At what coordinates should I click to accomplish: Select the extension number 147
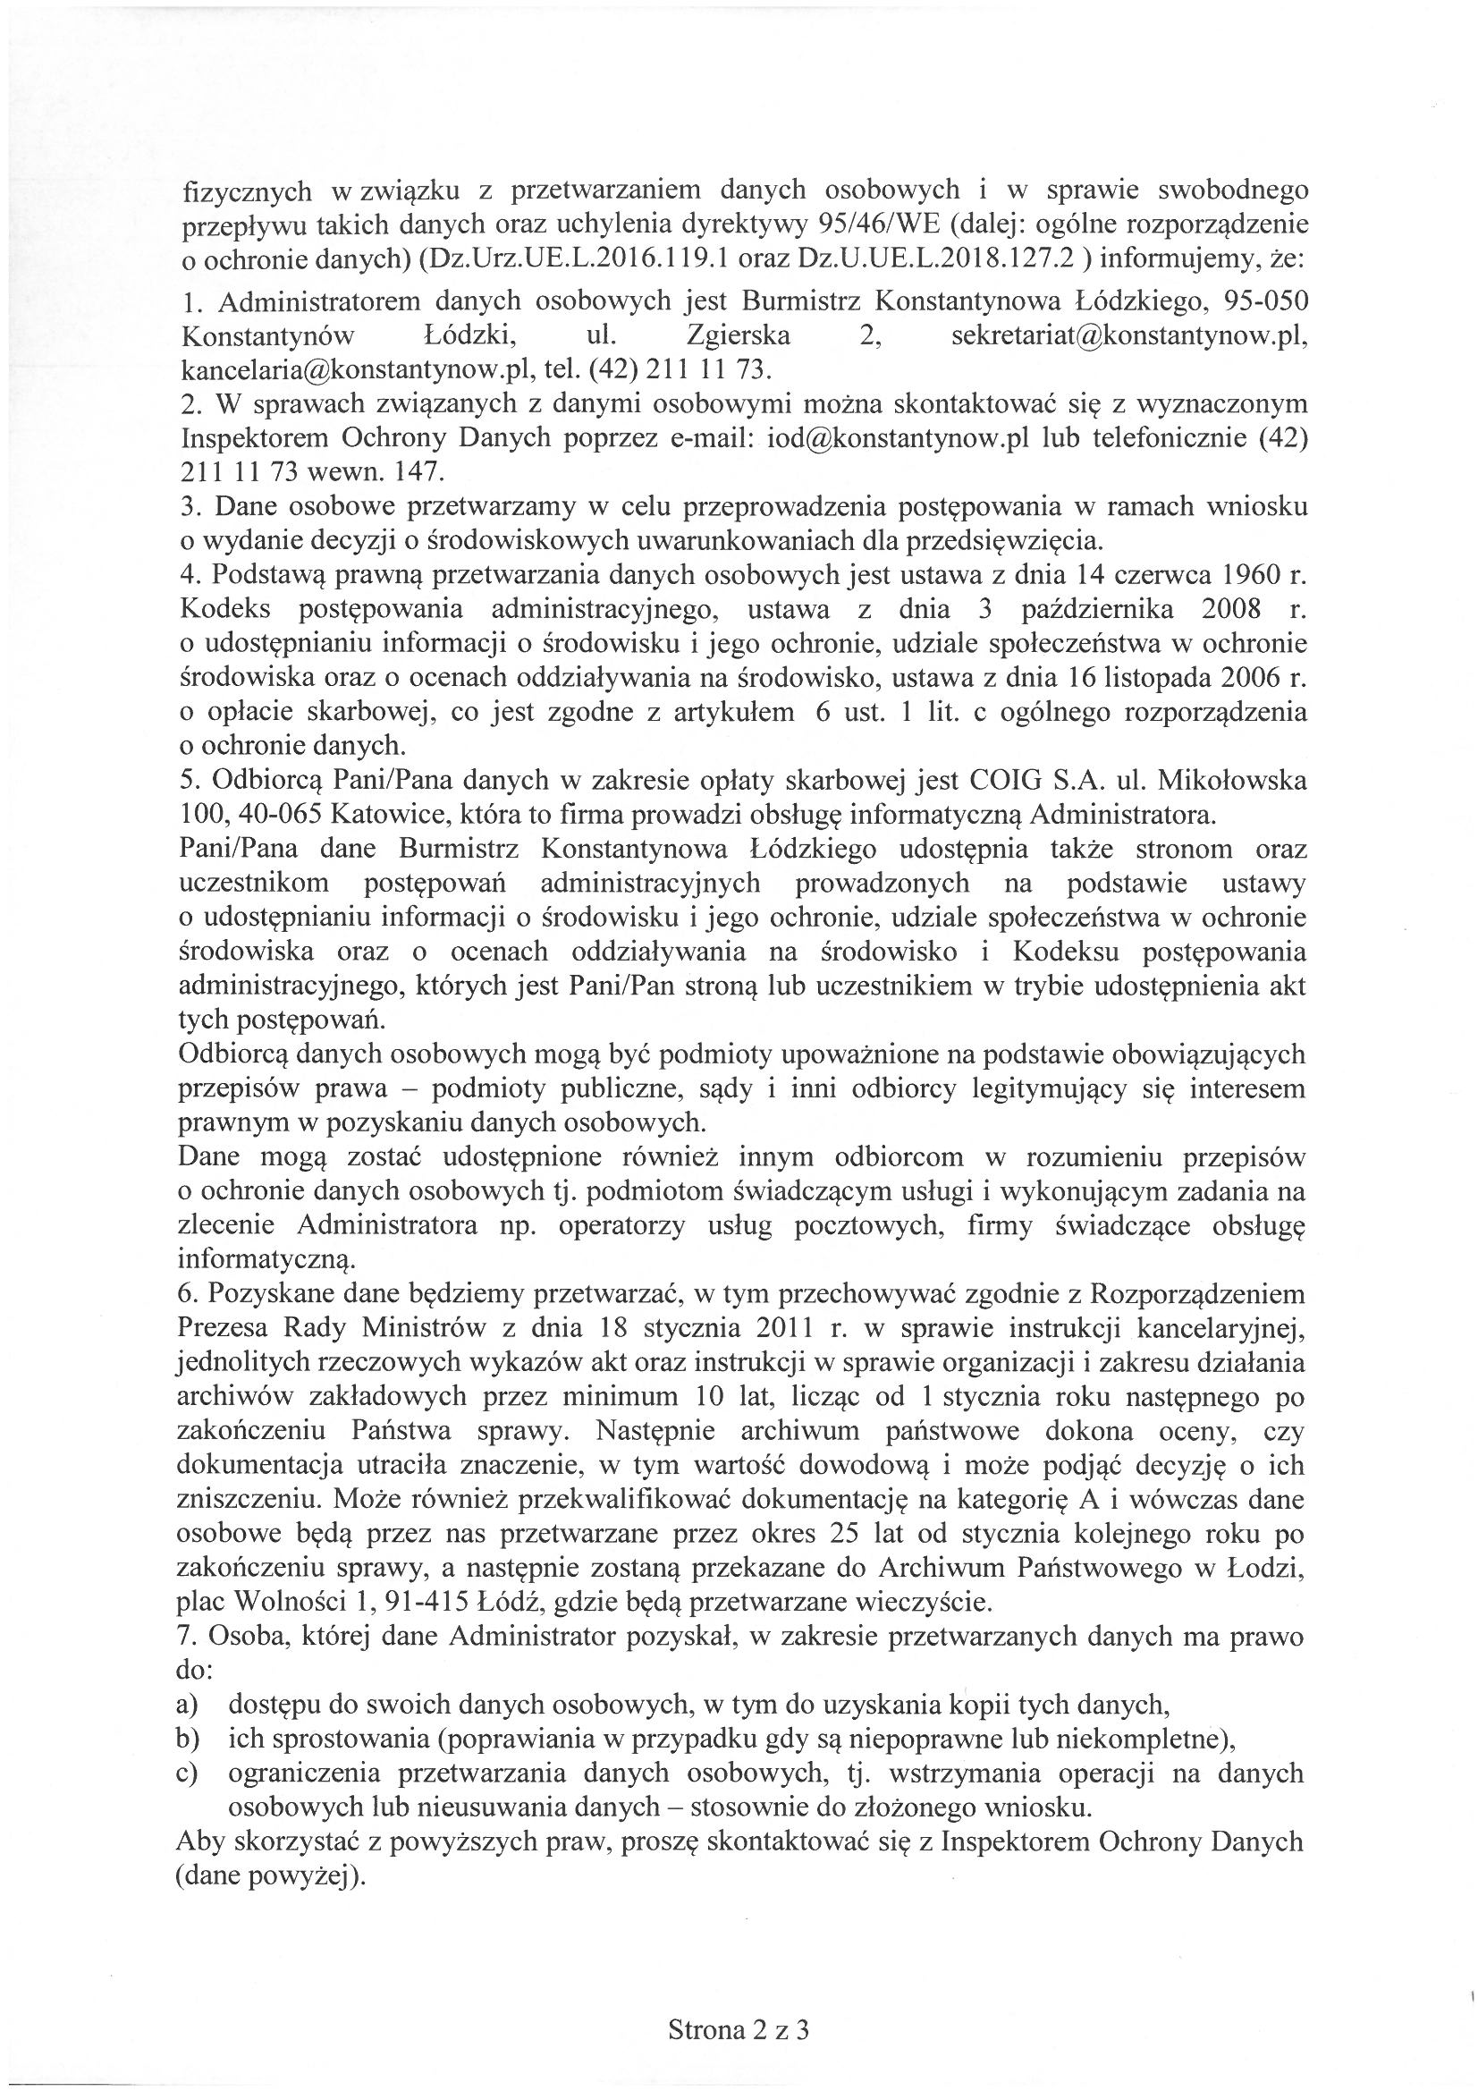pos(420,471)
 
